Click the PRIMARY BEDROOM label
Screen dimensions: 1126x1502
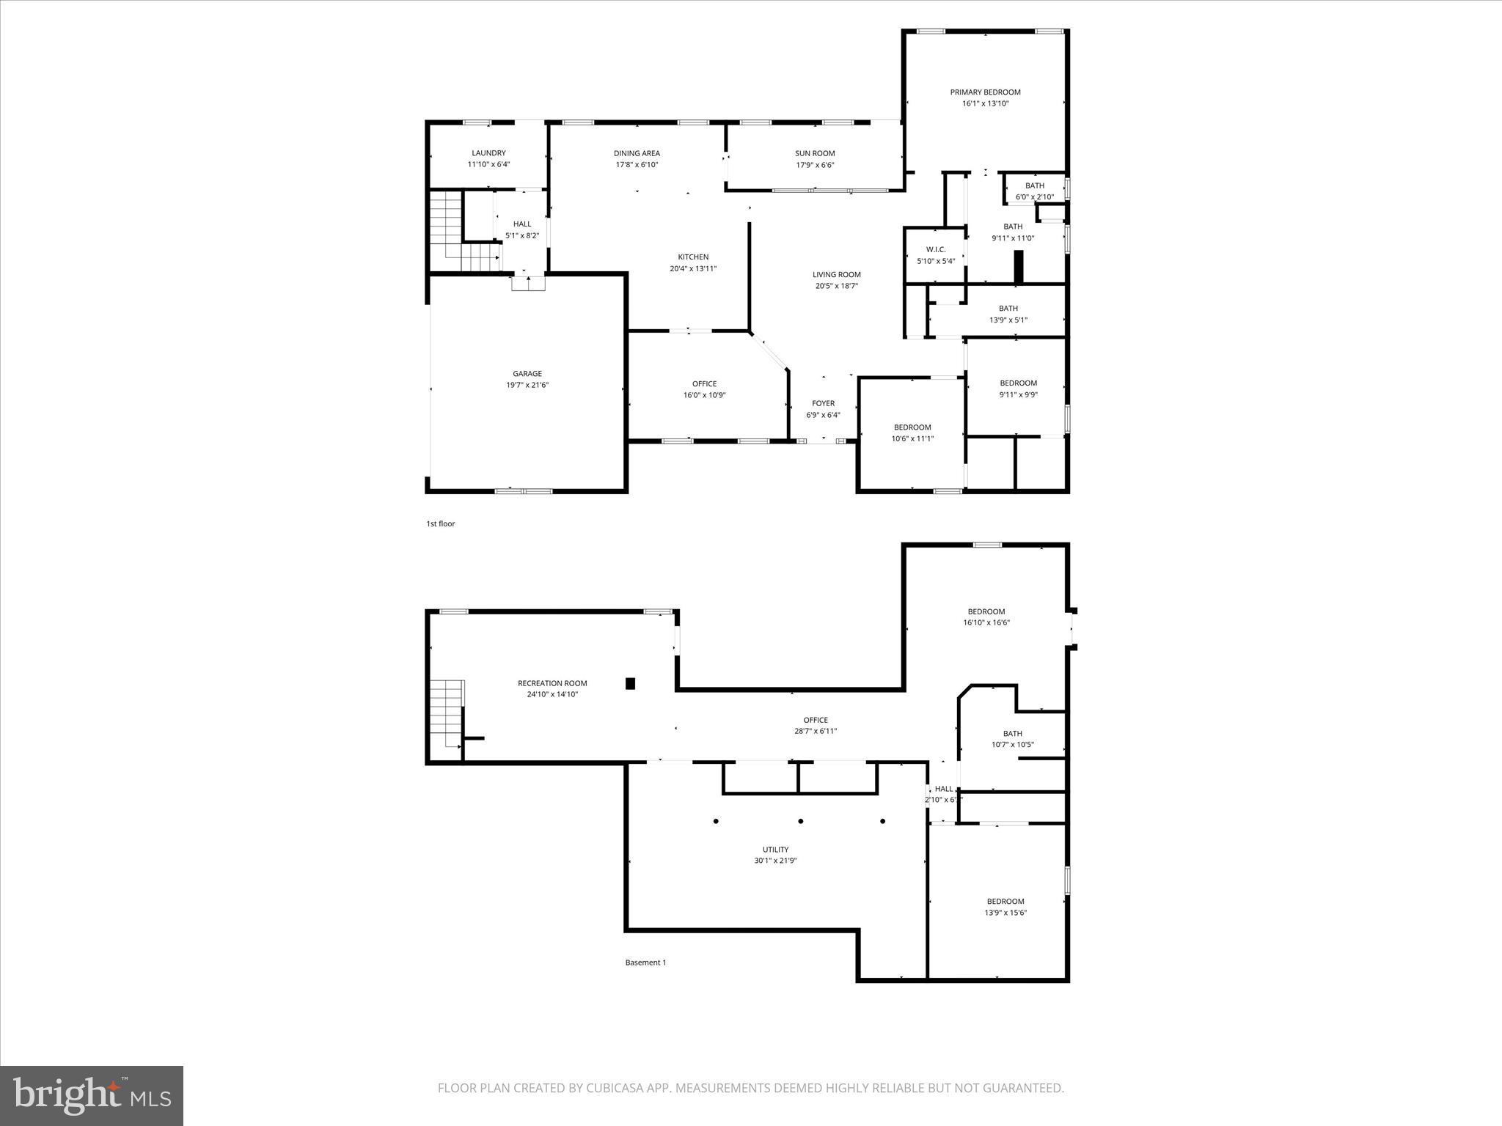point(985,92)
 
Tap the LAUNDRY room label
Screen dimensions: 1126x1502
point(488,153)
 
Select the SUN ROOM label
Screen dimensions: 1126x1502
point(815,153)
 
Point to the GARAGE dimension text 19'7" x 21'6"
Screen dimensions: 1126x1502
point(527,385)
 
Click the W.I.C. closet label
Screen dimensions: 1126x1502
point(935,249)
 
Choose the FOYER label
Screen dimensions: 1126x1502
point(823,403)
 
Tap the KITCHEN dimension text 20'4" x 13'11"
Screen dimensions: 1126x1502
point(692,268)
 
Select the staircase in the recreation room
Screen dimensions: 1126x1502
point(447,715)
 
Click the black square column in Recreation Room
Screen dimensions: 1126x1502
point(630,683)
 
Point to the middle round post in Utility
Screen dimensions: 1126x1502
point(801,821)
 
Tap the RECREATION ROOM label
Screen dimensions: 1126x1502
point(552,683)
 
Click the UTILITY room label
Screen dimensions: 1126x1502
point(775,850)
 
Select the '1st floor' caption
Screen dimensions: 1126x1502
point(441,523)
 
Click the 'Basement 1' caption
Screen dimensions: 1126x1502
point(645,963)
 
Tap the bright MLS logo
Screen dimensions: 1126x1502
point(92,1096)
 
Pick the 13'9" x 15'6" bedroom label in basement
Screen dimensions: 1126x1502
point(1005,913)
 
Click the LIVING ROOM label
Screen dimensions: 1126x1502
point(836,275)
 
